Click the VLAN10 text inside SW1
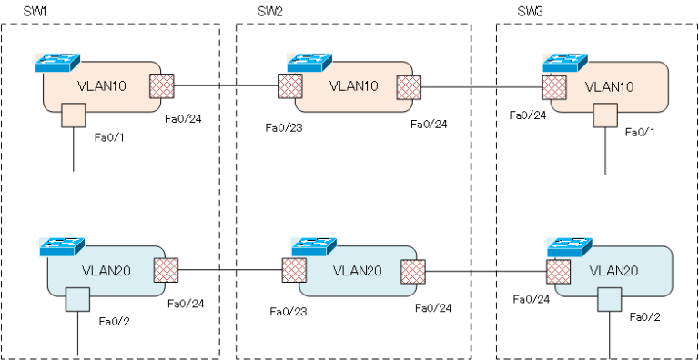point(102,86)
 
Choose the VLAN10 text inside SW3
point(609,86)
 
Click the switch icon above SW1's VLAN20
point(62,246)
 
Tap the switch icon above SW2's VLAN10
point(309,63)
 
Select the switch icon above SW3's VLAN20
point(569,246)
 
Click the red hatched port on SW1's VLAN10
point(161,86)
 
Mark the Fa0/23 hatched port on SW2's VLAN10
point(290,87)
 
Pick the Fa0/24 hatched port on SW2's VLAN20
point(413,271)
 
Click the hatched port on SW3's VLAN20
point(557,271)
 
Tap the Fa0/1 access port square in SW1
point(73,116)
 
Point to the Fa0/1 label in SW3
point(640,133)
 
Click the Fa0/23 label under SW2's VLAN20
point(286,311)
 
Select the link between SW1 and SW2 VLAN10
point(226,87)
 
